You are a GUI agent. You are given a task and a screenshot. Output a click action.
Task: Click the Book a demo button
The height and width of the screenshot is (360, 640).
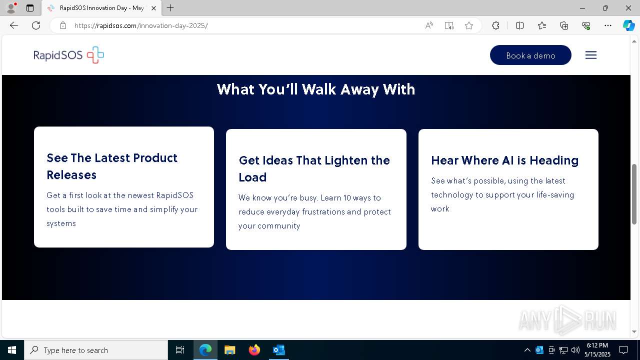530,55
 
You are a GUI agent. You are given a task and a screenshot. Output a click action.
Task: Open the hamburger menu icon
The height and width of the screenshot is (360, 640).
590,55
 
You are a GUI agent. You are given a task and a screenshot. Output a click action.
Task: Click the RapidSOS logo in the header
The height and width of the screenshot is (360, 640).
69,55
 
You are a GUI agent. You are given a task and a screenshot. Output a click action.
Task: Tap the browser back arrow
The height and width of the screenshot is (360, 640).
14,25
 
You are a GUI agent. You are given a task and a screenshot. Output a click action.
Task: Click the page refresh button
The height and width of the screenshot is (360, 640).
36,25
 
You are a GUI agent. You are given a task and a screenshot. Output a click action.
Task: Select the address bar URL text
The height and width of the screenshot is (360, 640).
141,25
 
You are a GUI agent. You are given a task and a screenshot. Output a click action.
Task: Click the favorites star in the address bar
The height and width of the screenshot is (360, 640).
469,25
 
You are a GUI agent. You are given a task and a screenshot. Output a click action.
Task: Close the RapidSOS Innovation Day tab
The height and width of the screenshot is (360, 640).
153,8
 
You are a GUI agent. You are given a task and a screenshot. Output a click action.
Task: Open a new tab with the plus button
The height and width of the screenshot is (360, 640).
170,8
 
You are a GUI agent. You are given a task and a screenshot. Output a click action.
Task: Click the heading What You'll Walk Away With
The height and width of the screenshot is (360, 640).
316,89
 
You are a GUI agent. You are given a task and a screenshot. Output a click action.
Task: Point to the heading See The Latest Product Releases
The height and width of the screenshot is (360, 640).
112,166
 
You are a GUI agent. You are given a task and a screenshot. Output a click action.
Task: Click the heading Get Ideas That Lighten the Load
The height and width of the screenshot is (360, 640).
314,168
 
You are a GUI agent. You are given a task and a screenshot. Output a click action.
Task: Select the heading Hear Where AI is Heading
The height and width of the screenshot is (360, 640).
504,160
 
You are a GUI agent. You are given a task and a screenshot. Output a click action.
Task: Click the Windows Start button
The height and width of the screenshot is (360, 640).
12,350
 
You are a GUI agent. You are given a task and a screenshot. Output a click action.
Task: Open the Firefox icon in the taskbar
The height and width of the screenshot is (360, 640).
254,350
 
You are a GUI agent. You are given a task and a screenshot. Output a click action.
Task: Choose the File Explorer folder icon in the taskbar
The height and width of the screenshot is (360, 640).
230,350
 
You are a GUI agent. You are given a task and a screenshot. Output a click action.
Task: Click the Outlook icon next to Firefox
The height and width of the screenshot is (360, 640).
279,350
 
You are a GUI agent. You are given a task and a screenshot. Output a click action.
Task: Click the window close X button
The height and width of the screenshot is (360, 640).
628,8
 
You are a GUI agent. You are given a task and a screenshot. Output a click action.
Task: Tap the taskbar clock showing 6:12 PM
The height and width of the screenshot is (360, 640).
598,349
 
